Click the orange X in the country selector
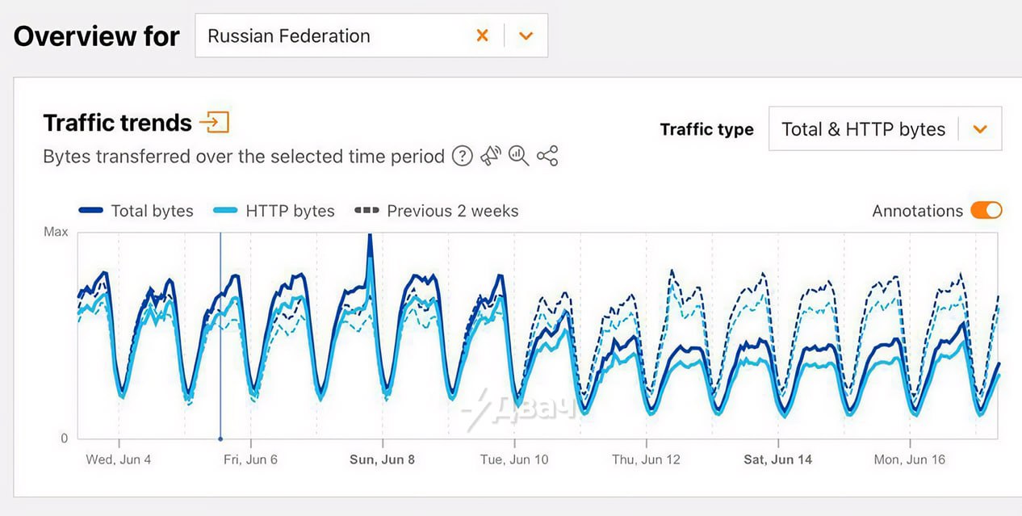coord(482,36)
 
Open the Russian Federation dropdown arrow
coord(526,36)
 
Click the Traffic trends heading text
coord(117,123)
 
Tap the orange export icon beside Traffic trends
coord(215,123)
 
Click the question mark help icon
coord(462,156)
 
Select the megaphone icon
coord(491,156)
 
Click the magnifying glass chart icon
coord(519,156)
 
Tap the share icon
coord(547,156)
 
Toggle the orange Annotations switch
coord(986,211)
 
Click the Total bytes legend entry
coord(136,211)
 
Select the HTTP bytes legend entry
coord(274,211)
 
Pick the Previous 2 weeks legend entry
coord(437,211)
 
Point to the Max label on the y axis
coord(56,233)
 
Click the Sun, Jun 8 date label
coord(382,459)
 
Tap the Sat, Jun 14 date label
coord(777,459)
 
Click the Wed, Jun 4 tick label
coord(119,459)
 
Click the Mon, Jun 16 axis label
coord(909,459)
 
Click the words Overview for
coord(96,36)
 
